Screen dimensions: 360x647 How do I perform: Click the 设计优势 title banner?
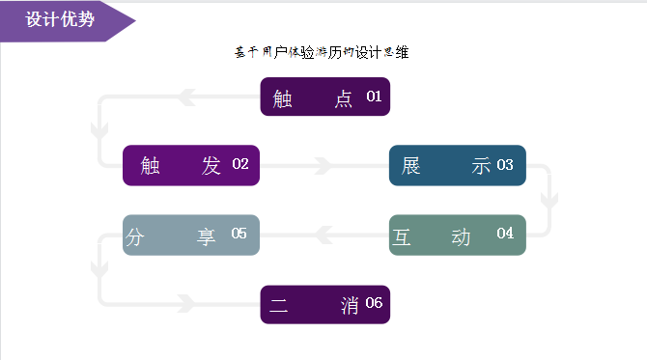click(x=60, y=20)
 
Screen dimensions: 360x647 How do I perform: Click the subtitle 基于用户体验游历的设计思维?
click(x=322, y=53)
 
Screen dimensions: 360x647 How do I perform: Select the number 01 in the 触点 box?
click(x=374, y=97)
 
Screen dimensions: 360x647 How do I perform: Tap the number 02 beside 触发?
click(x=240, y=164)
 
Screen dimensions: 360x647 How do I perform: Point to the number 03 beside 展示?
click(x=505, y=165)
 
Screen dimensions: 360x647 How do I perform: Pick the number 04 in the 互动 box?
click(x=505, y=234)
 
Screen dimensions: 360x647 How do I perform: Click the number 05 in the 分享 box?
click(x=239, y=234)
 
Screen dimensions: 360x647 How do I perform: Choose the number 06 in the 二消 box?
click(x=374, y=303)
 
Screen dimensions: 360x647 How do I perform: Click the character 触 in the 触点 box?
click(x=283, y=98)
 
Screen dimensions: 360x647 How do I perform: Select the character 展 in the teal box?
click(x=411, y=166)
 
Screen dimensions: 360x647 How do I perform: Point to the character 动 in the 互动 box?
click(x=461, y=236)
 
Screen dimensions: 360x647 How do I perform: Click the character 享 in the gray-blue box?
click(x=207, y=236)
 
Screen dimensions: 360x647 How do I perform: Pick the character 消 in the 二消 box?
click(x=350, y=306)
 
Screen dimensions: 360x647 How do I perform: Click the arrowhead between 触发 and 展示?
click(x=326, y=166)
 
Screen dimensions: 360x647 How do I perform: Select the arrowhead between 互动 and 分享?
click(x=326, y=234)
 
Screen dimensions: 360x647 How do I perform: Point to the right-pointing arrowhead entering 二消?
click(x=184, y=303)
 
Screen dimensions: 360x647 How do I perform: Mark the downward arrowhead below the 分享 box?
click(x=98, y=267)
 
